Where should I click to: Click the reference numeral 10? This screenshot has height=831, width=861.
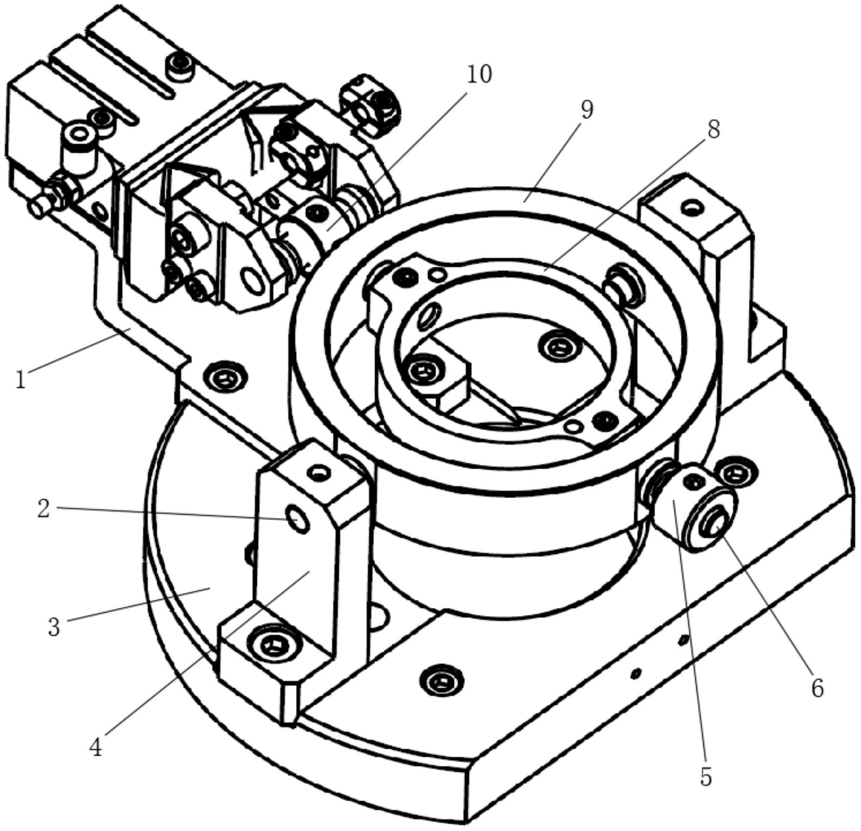479,75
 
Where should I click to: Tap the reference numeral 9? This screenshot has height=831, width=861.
587,110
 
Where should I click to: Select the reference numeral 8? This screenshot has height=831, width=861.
714,130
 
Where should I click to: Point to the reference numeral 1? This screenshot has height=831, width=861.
20,380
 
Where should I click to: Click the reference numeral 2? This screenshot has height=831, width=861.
43,509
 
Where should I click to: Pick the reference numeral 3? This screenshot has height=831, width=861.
54,626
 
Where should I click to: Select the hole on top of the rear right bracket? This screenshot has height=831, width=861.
691,208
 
